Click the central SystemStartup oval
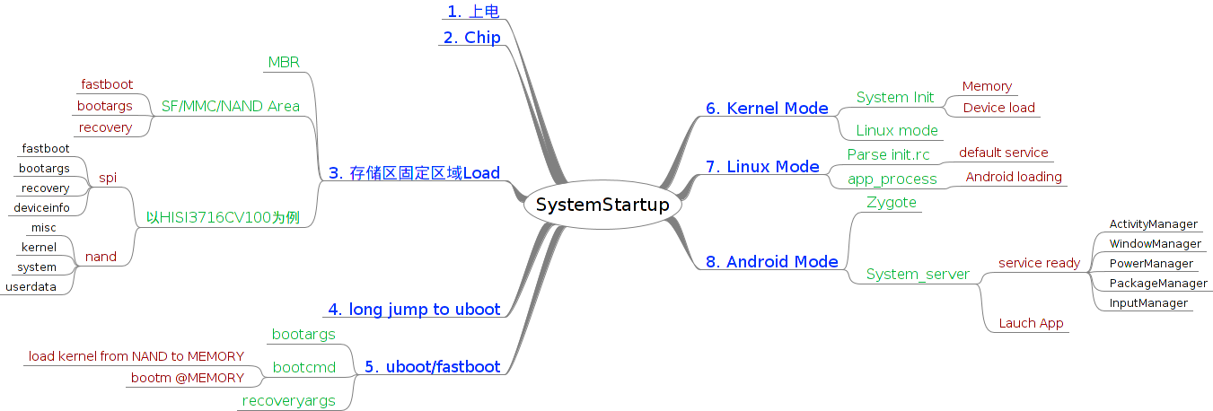[602, 205]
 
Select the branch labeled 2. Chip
[471, 38]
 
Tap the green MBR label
[284, 62]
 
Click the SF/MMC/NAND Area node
[231, 106]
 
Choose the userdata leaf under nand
[31, 287]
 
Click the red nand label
[101, 257]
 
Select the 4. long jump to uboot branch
[414, 310]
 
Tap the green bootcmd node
[303, 367]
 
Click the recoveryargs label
[289, 401]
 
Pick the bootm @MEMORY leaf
[188, 378]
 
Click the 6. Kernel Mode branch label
[767, 109]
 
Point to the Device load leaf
[998, 108]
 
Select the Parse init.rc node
[888, 154]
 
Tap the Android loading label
[1014, 177]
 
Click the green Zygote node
[892, 202]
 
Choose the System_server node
[918, 275]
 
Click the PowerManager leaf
[1151, 264]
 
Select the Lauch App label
[1031, 323]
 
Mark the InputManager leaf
[1148, 303]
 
